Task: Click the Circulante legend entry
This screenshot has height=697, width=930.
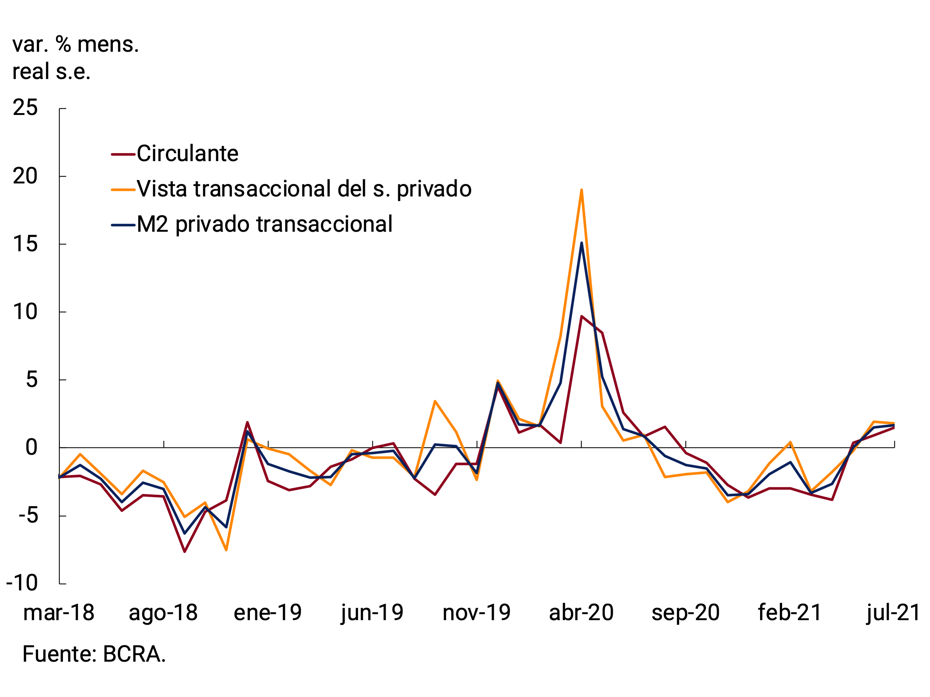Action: (x=187, y=153)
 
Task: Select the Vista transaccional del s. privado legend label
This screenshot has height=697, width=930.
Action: (x=304, y=189)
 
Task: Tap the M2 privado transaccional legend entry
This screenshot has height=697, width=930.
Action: (x=264, y=224)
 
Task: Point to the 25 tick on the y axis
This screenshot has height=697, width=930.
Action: (x=25, y=108)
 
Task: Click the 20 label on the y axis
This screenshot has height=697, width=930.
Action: (x=25, y=176)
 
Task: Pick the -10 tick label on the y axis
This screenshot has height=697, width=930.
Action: (x=22, y=583)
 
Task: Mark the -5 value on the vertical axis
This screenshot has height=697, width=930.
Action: (x=28, y=515)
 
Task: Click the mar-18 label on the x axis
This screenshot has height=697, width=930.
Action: (x=59, y=613)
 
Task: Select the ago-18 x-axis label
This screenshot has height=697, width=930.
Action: (x=163, y=613)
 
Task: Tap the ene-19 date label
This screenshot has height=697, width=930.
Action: (x=268, y=613)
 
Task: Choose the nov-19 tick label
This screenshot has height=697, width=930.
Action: (x=477, y=613)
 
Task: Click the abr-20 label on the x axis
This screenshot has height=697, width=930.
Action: (x=581, y=613)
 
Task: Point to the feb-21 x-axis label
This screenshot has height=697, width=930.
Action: (x=790, y=613)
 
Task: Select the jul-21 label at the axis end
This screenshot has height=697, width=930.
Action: (x=893, y=613)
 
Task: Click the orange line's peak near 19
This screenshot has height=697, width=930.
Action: (x=581, y=190)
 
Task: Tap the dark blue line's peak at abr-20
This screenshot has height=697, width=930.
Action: (x=581, y=243)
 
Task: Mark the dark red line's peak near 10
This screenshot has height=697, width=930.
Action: (x=581, y=316)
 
